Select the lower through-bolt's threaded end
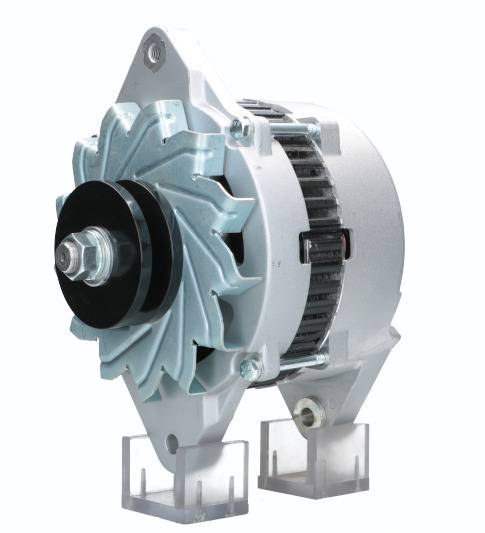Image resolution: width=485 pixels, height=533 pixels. [320, 358]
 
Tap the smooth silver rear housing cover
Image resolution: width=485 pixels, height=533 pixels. [370, 230]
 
